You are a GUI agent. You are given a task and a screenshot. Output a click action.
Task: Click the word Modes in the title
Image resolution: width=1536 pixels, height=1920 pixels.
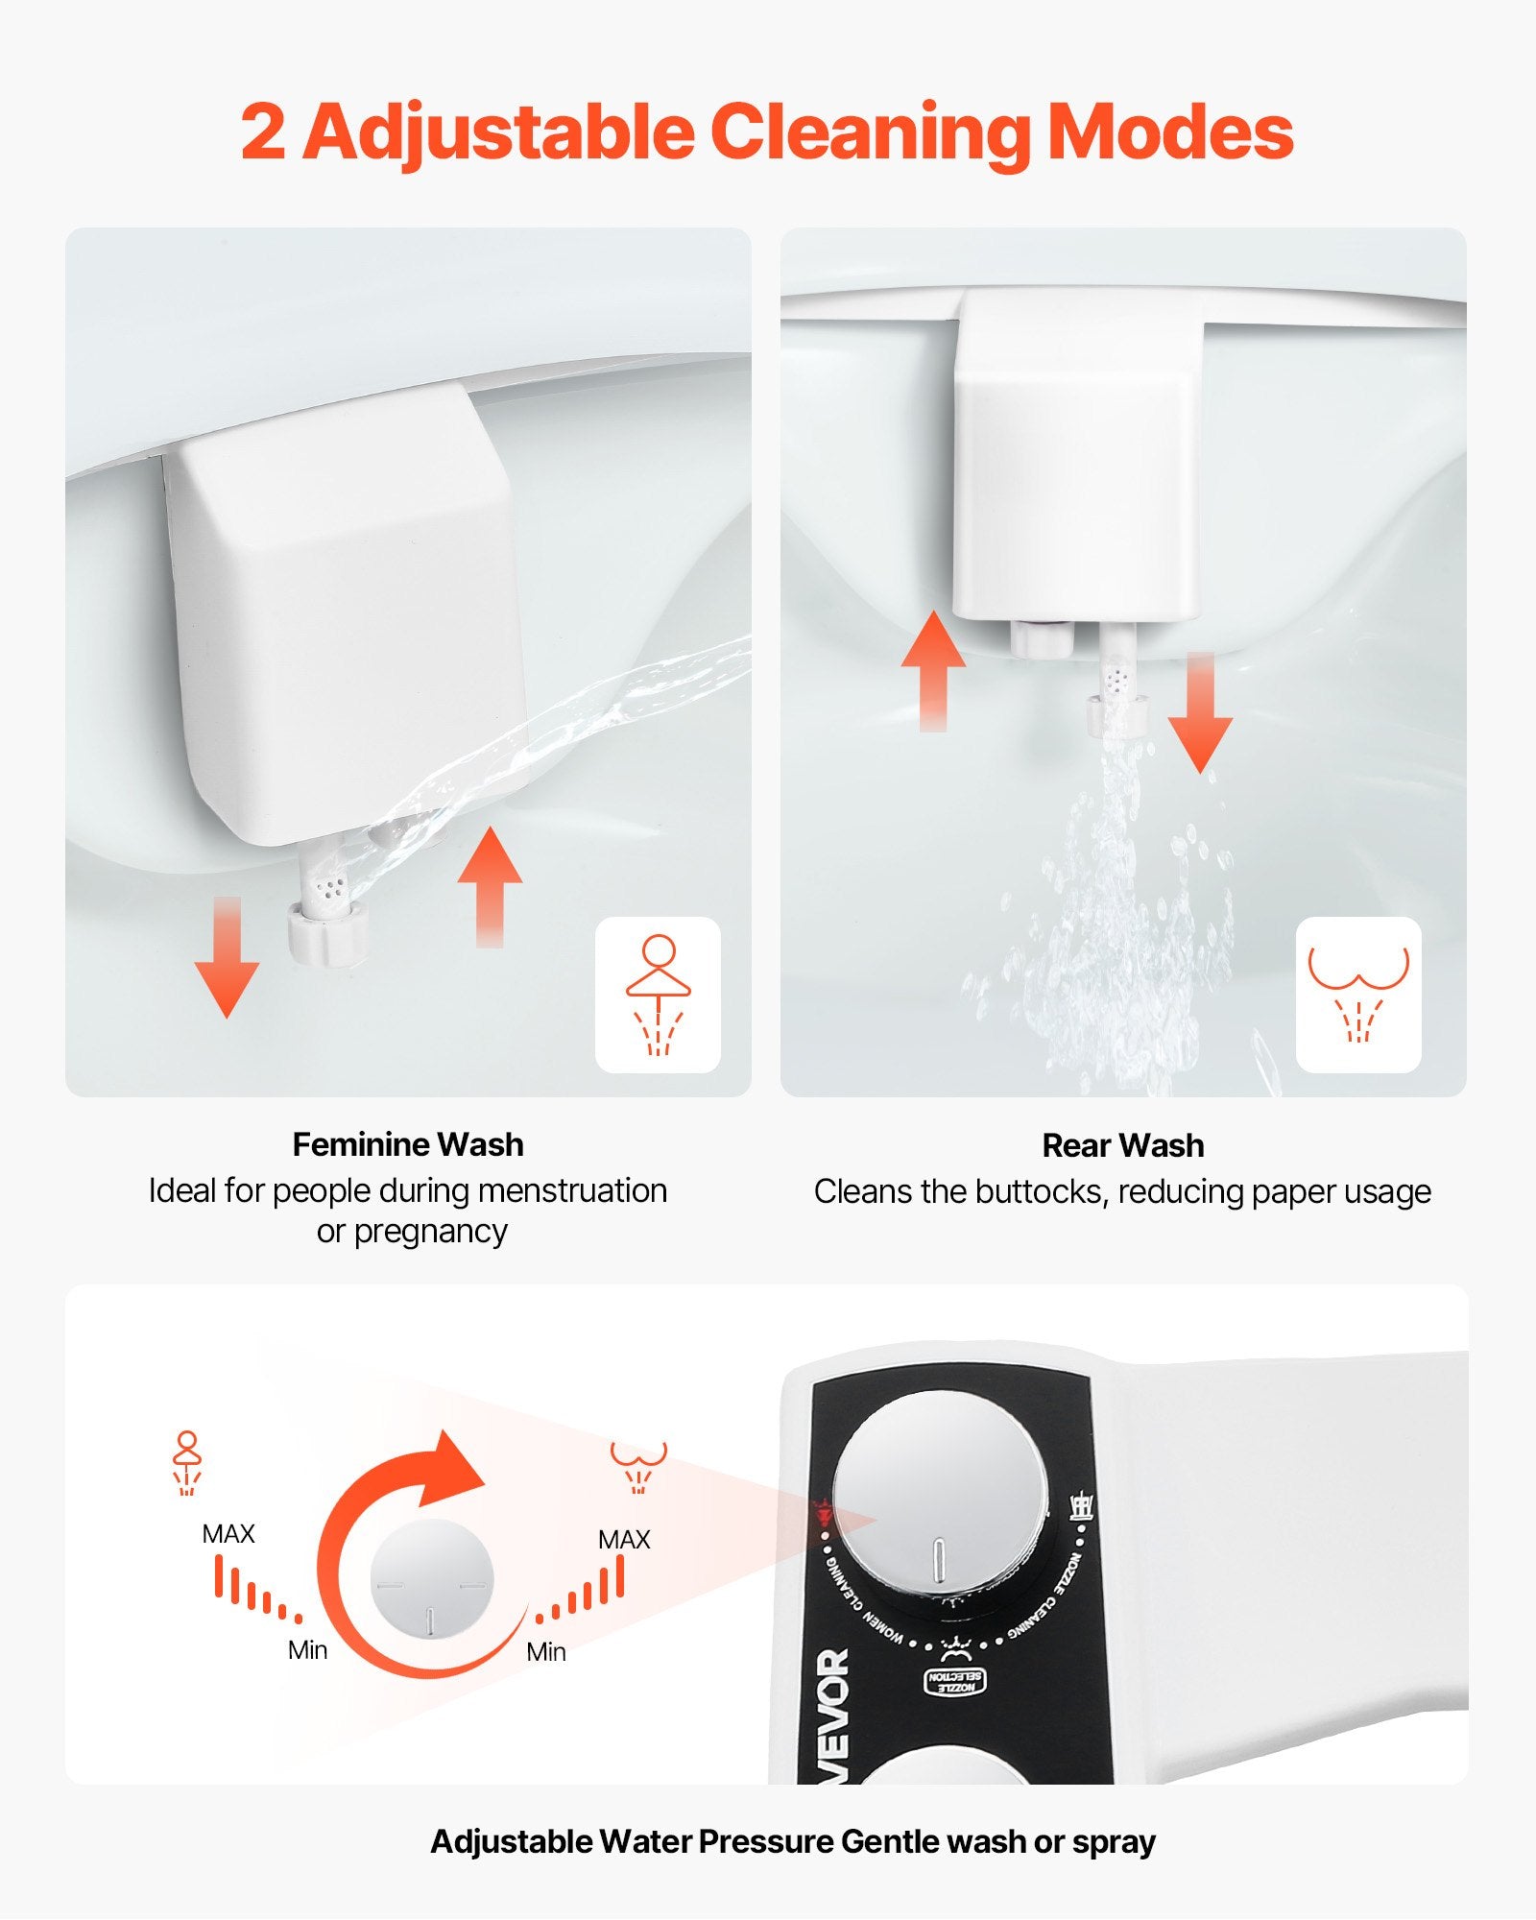[1169, 132]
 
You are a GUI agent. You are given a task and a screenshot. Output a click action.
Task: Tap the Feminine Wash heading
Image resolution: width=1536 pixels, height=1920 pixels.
[408, 1144]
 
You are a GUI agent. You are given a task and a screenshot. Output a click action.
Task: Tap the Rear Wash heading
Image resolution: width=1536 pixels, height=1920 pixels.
[1122, 1145]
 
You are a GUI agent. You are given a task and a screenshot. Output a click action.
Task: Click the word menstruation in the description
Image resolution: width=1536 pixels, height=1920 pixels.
[572, 1190]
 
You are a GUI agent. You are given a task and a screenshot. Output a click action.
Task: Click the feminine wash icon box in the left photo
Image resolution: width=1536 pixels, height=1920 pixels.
[658, 995]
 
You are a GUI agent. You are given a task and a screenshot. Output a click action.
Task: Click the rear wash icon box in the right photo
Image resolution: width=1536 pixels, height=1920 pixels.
[1357, 995]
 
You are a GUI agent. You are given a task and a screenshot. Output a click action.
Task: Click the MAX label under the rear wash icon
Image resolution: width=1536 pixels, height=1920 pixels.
[624, 1540]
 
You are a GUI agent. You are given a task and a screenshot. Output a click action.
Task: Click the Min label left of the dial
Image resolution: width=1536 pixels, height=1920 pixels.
[307, 1650]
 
